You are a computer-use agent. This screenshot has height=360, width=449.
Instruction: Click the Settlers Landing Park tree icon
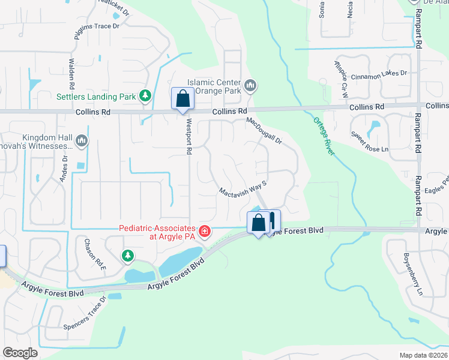[145, 95]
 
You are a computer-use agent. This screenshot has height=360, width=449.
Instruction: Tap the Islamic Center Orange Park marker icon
[251, 88]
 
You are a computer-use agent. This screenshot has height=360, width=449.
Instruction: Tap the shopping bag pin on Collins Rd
[182, 98]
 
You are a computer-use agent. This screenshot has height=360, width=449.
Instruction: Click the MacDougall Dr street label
[264, 131]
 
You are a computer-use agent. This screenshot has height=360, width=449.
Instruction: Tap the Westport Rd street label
[188, 136]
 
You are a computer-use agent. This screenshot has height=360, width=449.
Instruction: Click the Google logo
[20, 352]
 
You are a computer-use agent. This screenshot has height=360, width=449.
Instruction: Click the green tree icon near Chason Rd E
[128, 256]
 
